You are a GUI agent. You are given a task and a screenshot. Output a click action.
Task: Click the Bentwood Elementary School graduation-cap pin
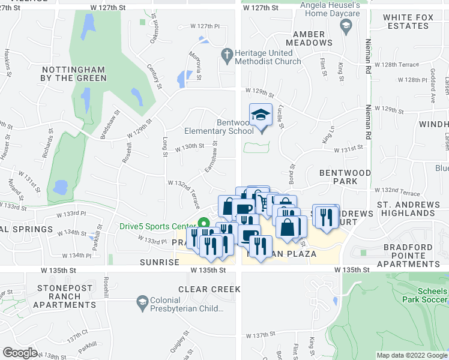click(x=261, y=115)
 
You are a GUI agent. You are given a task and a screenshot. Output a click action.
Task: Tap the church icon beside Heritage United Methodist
click(x=226, y=55)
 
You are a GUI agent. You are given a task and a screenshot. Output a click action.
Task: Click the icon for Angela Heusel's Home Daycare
click(x=345, y=25)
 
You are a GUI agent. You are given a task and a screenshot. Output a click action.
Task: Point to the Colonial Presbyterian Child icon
click(x=142, y=300)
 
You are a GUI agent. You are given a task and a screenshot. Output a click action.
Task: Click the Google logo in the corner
click(x=20, y=353)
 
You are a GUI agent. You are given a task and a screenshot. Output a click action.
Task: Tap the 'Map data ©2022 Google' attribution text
click(x=411, y=355)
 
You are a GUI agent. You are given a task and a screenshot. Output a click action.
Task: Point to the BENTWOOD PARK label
click(x=342, y=176)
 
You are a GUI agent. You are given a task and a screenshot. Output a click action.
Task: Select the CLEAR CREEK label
click(x=209, y=289)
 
